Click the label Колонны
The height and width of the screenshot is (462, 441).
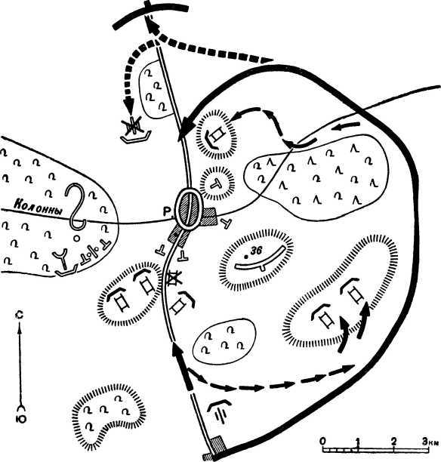[x=39, y=207]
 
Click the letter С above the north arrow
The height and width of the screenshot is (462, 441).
[x=20, y=315]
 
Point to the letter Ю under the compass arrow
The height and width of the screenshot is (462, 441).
[x=21, y=419]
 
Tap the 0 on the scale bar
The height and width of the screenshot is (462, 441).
[x=323, y=441]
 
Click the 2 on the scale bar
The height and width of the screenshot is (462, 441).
[x=394, y=441]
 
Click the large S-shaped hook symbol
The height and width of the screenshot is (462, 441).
[x=75, y=206]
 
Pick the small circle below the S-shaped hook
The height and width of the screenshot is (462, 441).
[x=76, y=238]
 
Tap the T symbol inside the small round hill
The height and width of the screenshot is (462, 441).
[x=217, y=183]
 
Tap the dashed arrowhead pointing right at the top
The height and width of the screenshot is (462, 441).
[x=267, y=60]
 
